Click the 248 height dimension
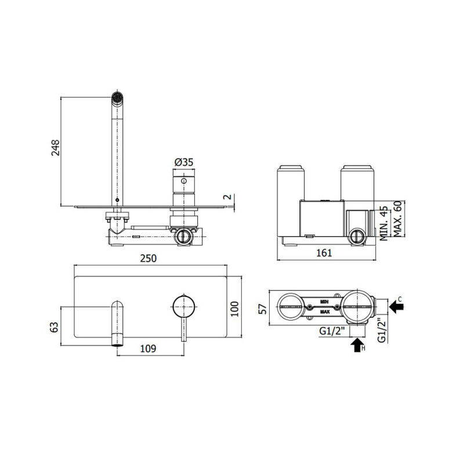[x=55, y=148]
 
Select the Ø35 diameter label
[x=184, y=162]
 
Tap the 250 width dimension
[x=148, y=258]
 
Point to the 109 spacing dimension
[x=148, y=349]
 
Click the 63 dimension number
[x=55, y=327]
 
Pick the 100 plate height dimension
[x=235, y=309]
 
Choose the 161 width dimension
[x=324, y=253]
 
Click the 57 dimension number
[x=263, y=309]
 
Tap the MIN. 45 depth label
[x=383, y=223]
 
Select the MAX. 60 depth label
[x=398, y=219]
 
